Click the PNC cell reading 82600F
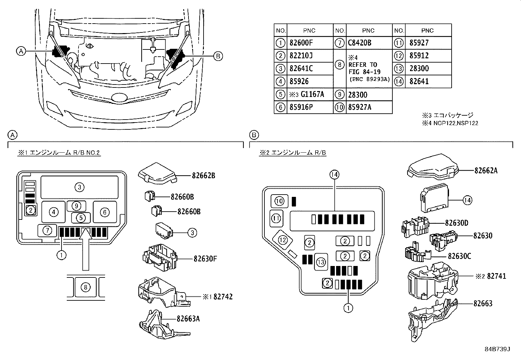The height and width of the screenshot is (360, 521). [301, 43]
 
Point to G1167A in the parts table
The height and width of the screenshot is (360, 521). [312, 95]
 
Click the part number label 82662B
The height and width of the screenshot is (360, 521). [203, 175]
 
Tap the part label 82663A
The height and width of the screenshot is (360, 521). [188, 318]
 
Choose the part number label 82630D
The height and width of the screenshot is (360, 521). [457, 223]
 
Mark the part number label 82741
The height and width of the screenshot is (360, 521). [496, 276]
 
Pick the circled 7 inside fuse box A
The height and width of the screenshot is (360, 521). [47, 231]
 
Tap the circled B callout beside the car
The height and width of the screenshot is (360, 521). [217, 56]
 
